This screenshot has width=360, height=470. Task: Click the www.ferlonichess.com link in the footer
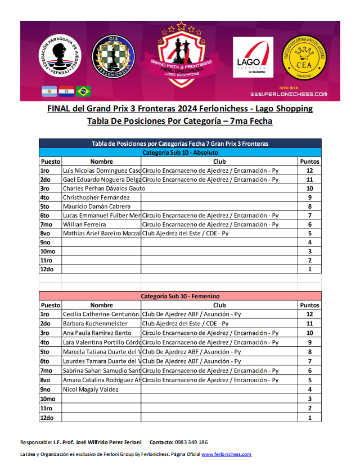click(226, 454)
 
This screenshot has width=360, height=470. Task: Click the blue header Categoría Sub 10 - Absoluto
click(180, 153)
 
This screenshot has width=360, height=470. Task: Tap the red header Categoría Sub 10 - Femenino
click(180, 296)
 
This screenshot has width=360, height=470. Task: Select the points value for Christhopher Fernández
click(309, 198)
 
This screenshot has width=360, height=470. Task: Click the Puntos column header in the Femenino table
click(309, 305)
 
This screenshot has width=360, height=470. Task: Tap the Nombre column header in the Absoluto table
click(101, 162)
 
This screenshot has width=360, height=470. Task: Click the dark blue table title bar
click(180, 144)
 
